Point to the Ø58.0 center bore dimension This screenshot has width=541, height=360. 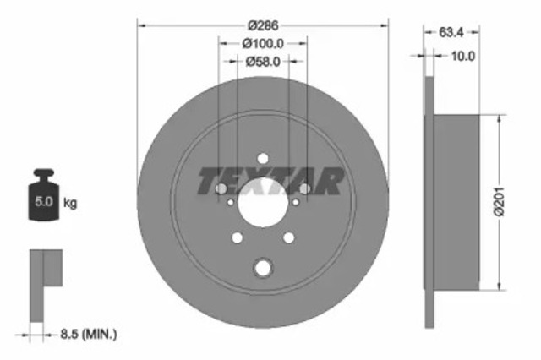tap(263, 61)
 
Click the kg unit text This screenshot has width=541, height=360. tap(71, 203)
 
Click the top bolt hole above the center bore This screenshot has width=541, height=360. tap(262, 159)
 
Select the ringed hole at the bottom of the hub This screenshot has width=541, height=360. tap(262, 269)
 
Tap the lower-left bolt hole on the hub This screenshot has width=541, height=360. tap(237, 238)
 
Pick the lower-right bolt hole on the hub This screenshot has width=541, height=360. tap(287, 238)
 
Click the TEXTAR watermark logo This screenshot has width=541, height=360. tap(270, 180)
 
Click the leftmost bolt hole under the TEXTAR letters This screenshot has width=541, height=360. tap(221, 189)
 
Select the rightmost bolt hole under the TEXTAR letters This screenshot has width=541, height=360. tap(303, 189)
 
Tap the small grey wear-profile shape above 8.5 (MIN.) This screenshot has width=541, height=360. tap(46, 283)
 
